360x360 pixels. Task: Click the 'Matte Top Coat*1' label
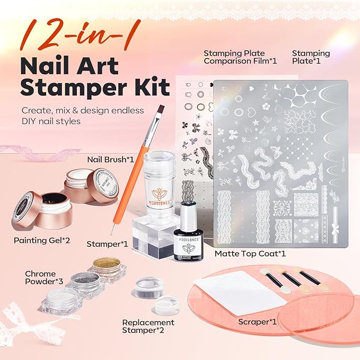tap(250, 254)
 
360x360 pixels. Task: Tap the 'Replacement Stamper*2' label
tap(148, 327)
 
